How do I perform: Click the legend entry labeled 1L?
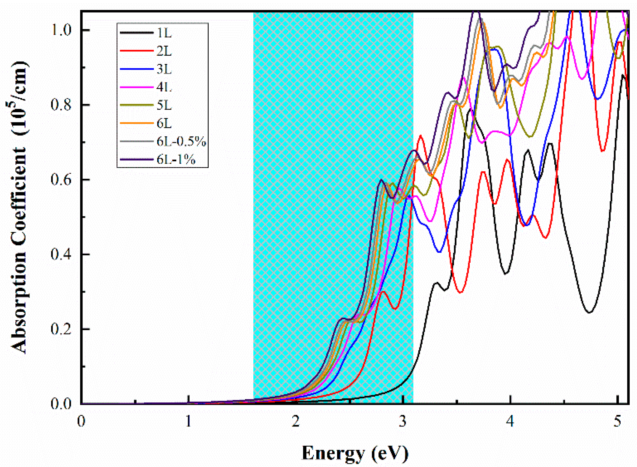pos(164,33)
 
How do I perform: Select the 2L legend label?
pos(164,51)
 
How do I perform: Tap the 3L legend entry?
pos(164,69)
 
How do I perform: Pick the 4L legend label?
pos(164,87)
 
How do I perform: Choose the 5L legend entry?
pos(164,105)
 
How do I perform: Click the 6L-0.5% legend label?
pos(181,141)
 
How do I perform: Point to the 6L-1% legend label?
pos(176,159)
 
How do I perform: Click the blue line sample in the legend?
pos(136,69)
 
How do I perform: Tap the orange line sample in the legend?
pos(136,123)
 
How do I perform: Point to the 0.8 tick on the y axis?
pos(61,105)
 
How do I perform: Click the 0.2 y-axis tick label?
pos(61,329)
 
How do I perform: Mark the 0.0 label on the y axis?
pos(61,404)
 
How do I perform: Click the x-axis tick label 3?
pos(403,421)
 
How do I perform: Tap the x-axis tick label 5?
pos(617,421)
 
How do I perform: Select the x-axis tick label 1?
pos(189,421)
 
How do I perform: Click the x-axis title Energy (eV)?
pos(355,453)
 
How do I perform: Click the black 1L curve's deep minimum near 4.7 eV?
pos(589,313)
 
